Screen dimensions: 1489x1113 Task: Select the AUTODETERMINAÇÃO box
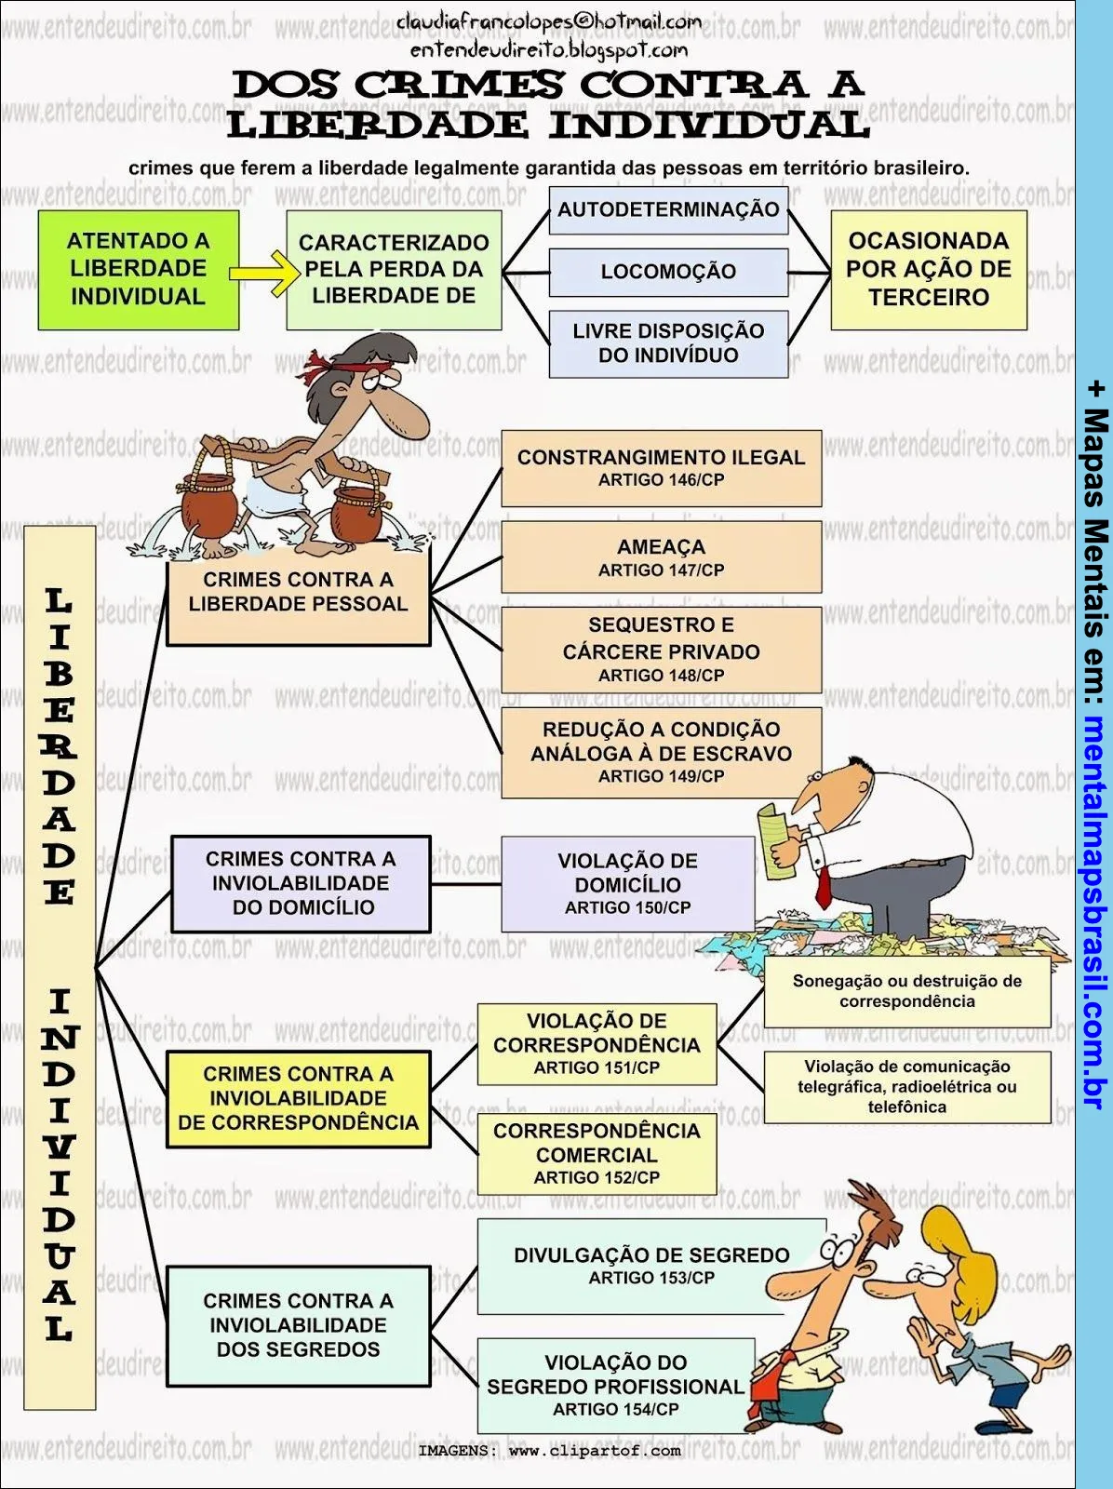(668, 209)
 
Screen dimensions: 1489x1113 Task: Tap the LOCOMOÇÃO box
(668, 272)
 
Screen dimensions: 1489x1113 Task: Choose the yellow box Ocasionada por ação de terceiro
(928, 270)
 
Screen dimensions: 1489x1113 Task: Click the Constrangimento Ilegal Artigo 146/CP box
(661, 468)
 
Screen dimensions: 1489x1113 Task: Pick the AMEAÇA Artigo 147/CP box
(661, 557)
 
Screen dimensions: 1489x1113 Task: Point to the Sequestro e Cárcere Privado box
(661, 650)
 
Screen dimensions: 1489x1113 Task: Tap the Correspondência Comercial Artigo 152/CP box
(597, 1154)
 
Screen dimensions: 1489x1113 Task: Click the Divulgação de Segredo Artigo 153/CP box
(650, 1266)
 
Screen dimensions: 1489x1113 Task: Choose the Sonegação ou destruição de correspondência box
(906, 991)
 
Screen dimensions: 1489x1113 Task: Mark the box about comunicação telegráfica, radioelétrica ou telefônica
(906, 1087)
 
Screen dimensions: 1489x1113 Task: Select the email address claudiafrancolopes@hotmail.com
(549, 20)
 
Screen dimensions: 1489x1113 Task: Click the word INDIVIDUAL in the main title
(707, 125)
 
